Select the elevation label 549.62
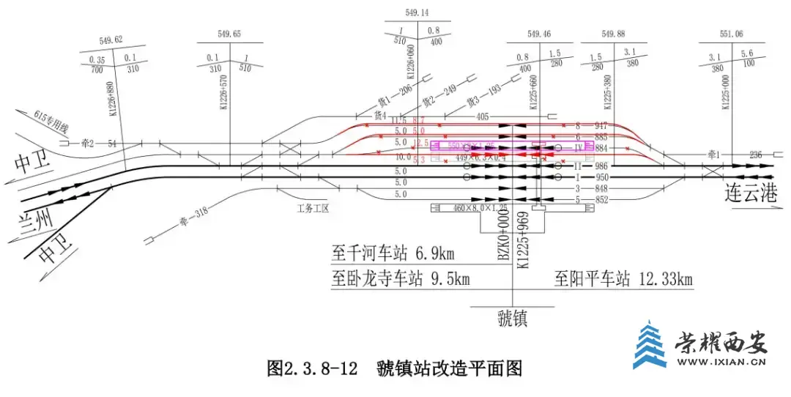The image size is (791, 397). coord(110,40)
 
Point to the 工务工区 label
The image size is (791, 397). coord(313,208)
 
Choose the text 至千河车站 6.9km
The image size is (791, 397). coord(393,254)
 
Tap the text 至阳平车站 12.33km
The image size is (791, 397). coord(623,279)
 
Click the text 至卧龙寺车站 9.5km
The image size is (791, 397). coord(401,279)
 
